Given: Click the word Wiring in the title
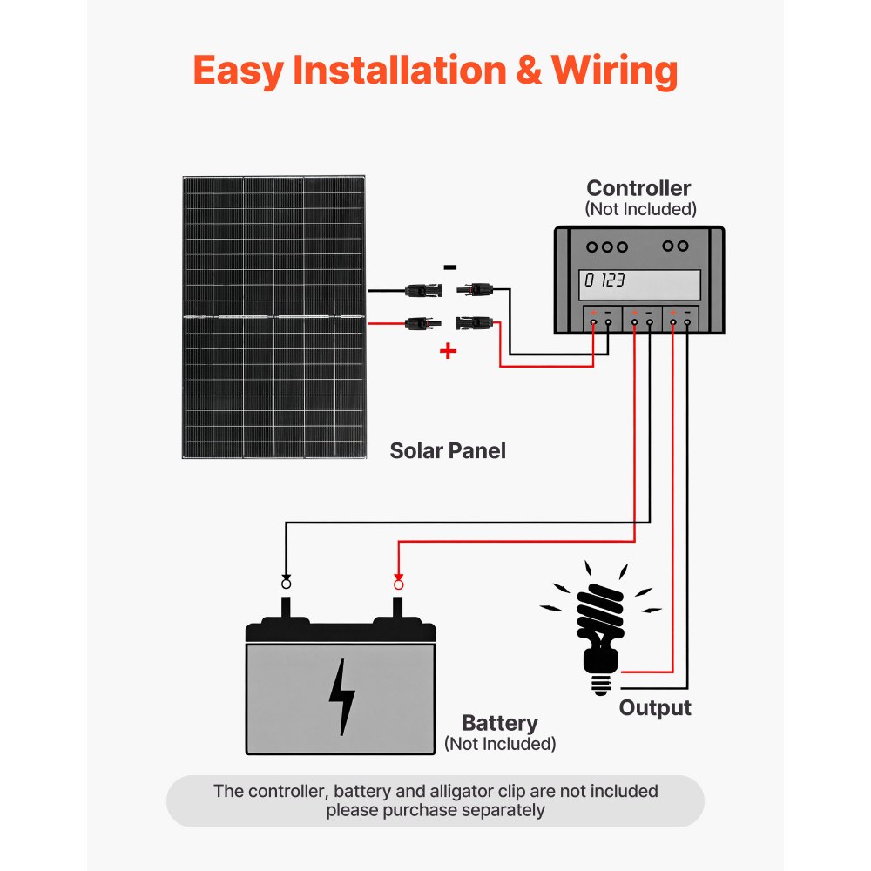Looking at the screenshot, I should point(614,71).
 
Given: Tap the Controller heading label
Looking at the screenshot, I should point(638,188).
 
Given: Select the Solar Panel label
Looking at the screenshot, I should point(448,450).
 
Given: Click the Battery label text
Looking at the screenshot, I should point(499,723).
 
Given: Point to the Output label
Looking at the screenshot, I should point(655,707).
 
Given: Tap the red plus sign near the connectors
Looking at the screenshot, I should point(448,351).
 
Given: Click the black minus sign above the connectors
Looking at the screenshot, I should point(449,267).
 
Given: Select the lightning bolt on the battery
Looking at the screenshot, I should point(341,696).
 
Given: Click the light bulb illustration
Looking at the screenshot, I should point(601,623).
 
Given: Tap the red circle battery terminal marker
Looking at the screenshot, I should point(399,583).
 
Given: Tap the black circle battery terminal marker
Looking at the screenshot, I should point(286,583).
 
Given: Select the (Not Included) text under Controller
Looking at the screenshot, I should point(640,209).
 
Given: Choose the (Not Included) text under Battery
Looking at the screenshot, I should point(500,744).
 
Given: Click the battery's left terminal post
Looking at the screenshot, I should point(286,608).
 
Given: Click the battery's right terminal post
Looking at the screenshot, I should point(399,608).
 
